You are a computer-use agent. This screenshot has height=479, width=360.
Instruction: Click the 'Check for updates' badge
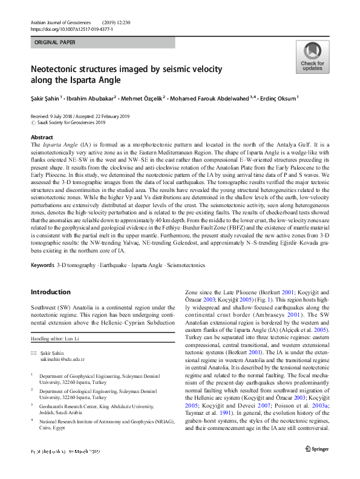[312, 58]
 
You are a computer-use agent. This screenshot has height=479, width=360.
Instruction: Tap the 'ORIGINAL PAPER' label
[55, 43]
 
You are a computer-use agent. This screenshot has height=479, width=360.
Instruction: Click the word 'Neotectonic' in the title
[59, 70]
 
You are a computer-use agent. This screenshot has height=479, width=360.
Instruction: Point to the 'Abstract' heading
[42, 138]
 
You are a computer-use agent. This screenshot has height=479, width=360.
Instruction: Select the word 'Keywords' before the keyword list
[42, 265]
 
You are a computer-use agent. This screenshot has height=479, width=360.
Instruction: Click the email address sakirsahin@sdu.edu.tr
[64, 358]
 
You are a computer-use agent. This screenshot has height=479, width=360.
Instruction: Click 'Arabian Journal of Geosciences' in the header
[65, 21]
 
